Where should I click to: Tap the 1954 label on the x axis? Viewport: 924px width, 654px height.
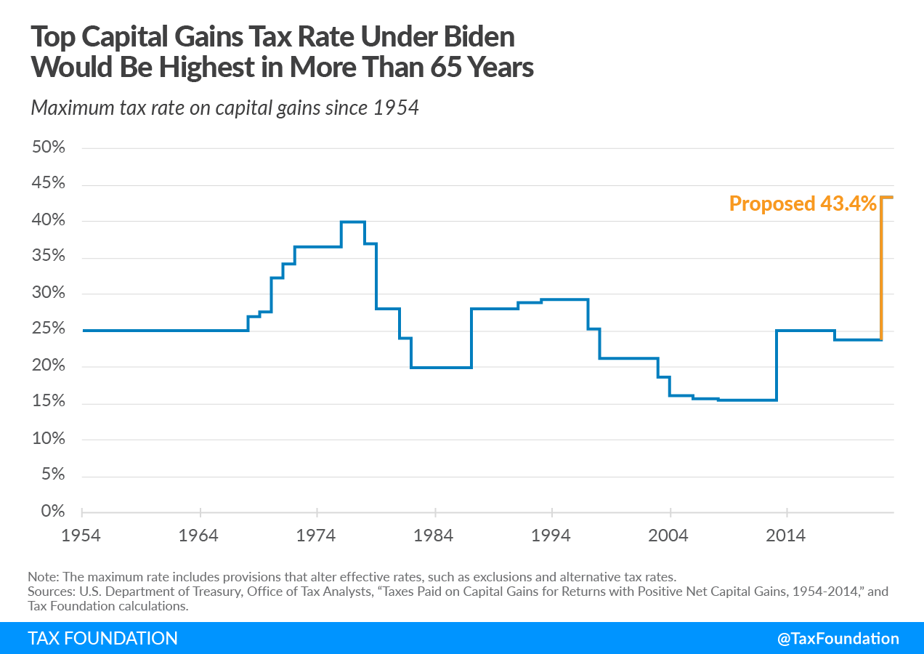click(x=81, y=536)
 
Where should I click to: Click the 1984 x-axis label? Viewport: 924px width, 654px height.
click(x=434, y=536)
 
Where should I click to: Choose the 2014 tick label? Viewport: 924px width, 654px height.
click(x=786, y=536)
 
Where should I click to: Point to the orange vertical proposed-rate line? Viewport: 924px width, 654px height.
click(x=882, y=269)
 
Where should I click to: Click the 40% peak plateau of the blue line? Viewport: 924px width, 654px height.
click(x=353, y=222)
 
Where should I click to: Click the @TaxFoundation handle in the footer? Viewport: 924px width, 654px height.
click(x=838, y=639)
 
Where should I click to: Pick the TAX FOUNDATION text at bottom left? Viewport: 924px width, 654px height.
click(x=102, y=639)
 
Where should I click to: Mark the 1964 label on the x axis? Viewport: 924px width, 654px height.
click(x=198, y=536)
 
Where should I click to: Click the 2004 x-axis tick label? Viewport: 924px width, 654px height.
click(x=668, y=536)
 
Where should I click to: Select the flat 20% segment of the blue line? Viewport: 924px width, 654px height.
click(x=441, y=368)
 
